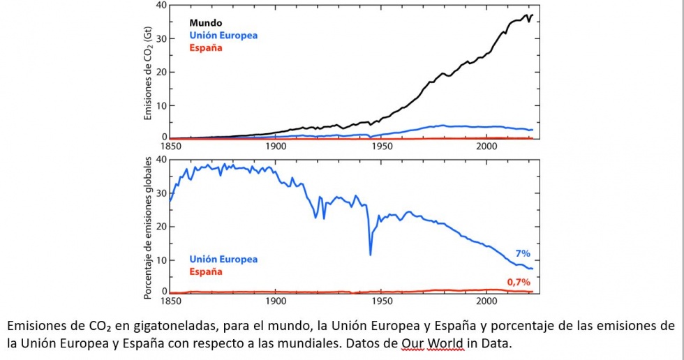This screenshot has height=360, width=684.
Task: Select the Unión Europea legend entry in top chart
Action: coord(223,36)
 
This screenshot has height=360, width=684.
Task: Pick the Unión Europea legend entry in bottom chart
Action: coord(223,260)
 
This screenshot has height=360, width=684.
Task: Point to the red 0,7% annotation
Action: coord(518,282)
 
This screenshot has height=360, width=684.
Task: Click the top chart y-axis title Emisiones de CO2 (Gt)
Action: coord(148,73)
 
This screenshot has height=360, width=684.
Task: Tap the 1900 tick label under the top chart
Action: coord(276,147)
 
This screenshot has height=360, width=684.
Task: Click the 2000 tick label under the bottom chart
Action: coord(486,302)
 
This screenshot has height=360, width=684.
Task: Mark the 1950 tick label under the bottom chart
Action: coord(381,302)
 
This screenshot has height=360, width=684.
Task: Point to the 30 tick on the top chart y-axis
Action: coord(161,38)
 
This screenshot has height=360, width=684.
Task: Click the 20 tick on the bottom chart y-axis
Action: coord(161,227)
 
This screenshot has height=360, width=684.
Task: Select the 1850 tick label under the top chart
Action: coord(170,147)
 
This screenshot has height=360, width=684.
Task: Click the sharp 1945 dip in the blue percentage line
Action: coord(371,254)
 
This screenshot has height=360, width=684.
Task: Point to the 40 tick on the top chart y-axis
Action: coord(161,6)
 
